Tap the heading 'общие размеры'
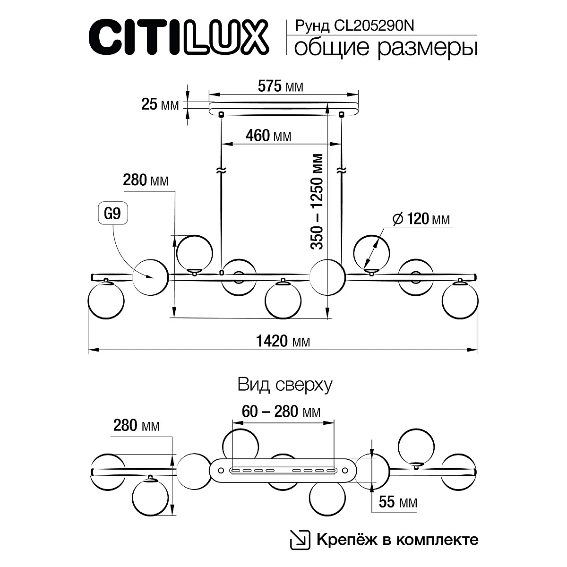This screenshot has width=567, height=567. tap(385, 48)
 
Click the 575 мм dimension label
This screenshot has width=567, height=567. tap(280, 86)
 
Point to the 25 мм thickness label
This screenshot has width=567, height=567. tap(160, 104)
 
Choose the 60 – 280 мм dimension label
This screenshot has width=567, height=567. tap(281, 412)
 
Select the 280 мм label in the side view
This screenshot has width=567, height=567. tap(146, 180)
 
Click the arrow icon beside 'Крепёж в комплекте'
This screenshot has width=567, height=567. tap(300, 540)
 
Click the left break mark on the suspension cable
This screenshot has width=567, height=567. tap(220, 171)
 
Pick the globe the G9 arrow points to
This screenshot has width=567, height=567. tap(150, 276)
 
